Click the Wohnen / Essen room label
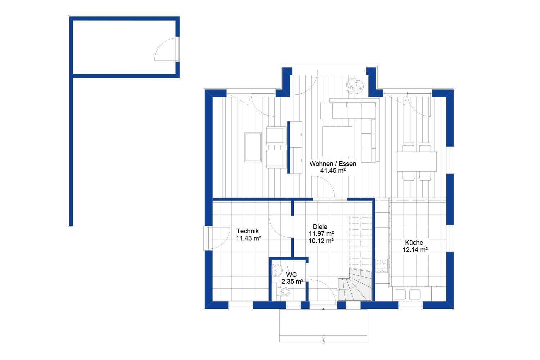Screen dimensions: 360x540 (x=333, y=164)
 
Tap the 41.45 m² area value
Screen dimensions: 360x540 (x=333, y=171)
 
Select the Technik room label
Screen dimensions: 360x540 (x=247, y=231)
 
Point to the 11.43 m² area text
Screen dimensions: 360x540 (x=248, y=238)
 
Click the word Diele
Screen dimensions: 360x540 (x=320, y=227)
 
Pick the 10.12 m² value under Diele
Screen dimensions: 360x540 (x=321, y=241)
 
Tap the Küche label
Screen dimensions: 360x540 (x=414, y=243)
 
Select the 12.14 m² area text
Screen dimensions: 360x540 (x=415, y=249)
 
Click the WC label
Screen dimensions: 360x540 (x=291, y=275)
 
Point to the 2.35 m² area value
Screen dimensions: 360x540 (x=292, y=282)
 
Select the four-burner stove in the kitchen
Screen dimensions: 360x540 (x=381, y=266)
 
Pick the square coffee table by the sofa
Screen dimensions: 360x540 (x=337, y=141)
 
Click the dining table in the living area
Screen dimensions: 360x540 (x=417, y=161)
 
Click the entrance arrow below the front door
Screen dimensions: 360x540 (x=323, y=339)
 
